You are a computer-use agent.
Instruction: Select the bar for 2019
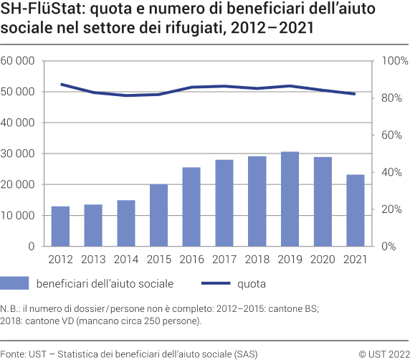point(290,199)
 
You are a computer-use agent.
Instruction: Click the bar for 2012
point(61,226)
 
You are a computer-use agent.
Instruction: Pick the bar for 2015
point(159,215)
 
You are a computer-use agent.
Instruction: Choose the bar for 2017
point(224,203)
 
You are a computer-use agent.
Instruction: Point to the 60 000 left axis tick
point(19,61)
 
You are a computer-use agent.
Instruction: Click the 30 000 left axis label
point(19,153)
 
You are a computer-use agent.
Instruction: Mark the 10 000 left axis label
point(19,215)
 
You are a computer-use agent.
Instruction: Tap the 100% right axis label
point(391,61)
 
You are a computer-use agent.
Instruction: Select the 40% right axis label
point(389,172)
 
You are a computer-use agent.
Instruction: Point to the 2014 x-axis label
point(126,259)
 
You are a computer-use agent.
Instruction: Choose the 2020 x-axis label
point(322,259)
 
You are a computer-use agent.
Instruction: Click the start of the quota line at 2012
point(62,84)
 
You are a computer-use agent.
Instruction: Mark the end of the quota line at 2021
point(355,94)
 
